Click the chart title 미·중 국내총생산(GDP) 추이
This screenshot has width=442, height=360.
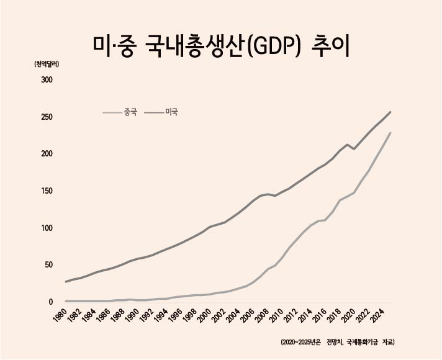221,47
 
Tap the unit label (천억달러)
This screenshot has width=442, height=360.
46,65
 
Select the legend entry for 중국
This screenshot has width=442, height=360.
120,112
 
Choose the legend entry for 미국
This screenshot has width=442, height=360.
161,112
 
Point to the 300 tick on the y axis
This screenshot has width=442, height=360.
47,80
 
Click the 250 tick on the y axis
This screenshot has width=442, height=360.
47,117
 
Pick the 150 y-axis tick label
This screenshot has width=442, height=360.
47,191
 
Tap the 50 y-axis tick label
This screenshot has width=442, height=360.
48,264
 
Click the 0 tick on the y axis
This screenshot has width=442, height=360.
51,302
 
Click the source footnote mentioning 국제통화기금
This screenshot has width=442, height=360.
338,342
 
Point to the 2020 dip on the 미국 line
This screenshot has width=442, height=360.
354,148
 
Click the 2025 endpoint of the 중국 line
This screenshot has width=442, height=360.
390,133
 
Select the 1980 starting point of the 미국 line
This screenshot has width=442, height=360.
66,282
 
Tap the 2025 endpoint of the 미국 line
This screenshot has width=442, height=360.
390,112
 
